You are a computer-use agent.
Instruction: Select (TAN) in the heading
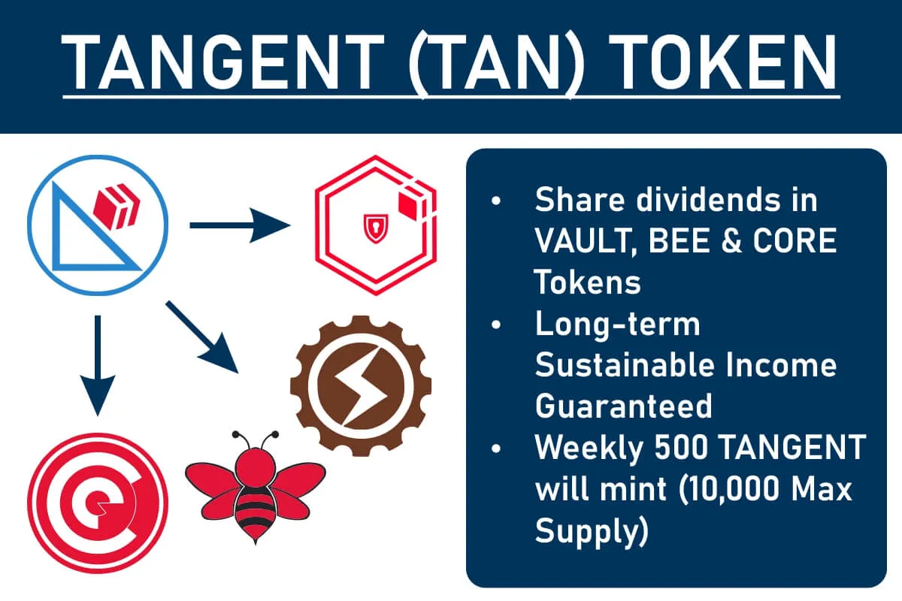tap(496, 65)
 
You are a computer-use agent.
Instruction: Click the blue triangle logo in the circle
tap(98, 225)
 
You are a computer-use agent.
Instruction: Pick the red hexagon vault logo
tap(376, 225)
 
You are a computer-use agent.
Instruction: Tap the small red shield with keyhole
tap(376, 228)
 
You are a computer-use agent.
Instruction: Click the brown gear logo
tap(361, 386)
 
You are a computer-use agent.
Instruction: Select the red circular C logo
tap(98, 503)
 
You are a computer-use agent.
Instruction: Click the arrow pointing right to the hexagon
tap(240, 225)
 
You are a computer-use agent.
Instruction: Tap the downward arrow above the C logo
tap(98, 366)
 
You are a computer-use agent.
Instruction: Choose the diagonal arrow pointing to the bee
tap(202, 337)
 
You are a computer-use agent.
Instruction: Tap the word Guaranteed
tap(624, 406)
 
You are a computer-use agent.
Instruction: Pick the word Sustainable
tap(625, 364)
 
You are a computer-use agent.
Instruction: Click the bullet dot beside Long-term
tap(496, 325)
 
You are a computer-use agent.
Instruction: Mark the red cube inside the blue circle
tap(117, 207)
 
